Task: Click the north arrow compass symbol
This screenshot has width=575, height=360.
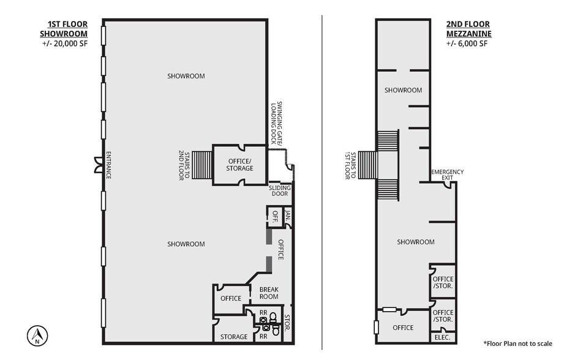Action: [36, 334]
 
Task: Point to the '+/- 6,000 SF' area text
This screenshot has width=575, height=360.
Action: [467, 43]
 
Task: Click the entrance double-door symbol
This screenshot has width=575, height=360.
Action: [97, 164]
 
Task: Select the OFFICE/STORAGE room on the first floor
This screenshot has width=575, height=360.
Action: [239, 164]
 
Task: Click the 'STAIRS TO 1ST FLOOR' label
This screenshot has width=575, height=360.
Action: [350, 165]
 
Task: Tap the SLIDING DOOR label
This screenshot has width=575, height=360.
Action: [279, 190]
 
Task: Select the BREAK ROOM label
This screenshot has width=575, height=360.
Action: [269, 293]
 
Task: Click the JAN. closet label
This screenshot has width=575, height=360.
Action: [287, 215]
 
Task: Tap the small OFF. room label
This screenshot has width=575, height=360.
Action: [274, 215]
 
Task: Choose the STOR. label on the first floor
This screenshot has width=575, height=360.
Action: [288, 324]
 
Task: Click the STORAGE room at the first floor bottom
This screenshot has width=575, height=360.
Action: [233, 337]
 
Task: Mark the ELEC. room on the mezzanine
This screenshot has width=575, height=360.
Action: [442, 337]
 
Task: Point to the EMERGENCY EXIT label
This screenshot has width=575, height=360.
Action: [448, 174]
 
